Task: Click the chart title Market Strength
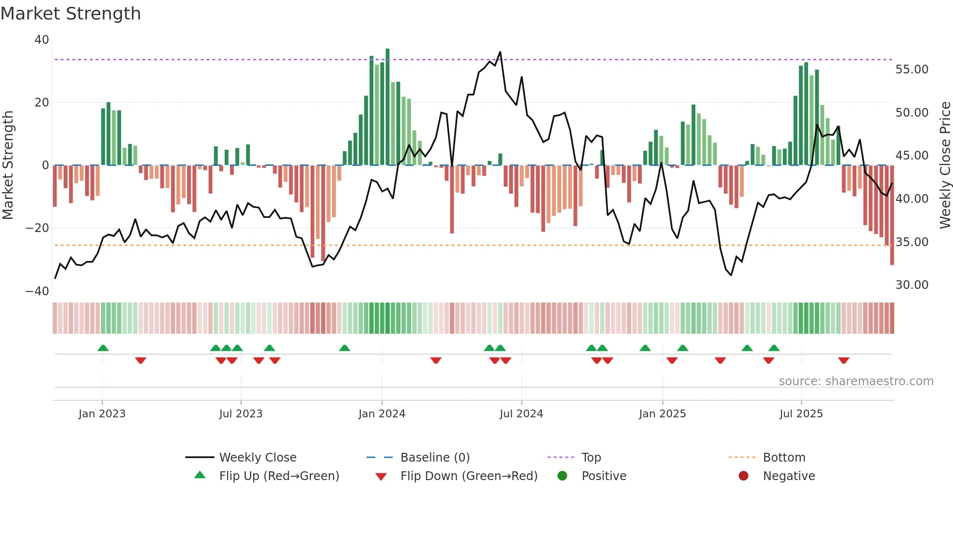click(71, 14)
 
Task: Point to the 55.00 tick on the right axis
click(912, 70)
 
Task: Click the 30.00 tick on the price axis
click(912, 285)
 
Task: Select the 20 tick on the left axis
click(42, 103)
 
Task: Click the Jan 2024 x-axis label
click(382, 414)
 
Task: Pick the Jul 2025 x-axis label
click(801, 414)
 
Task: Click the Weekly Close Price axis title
click(945, 165)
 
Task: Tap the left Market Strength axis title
click(8, 165)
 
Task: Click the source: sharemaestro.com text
click(856, 381)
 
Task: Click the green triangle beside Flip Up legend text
click(200, 475)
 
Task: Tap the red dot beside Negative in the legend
click(743, 476)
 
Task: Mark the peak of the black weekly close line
click(500, 52)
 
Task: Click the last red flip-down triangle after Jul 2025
click(844, 360)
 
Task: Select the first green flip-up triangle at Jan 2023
click(103, 348)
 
